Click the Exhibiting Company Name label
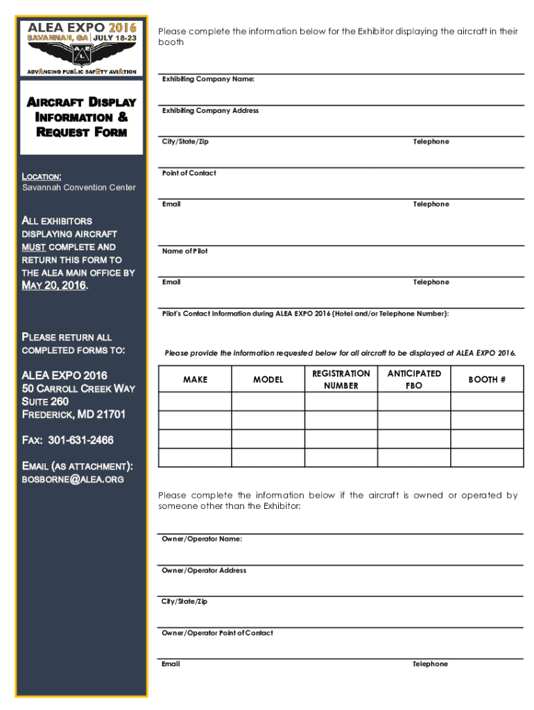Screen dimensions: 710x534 tap(208, 80)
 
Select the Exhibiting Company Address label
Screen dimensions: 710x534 tap(210, 111)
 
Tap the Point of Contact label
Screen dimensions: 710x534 tap(189, 173)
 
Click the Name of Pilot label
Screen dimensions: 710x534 tap(184, 251)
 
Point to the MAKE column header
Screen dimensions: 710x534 tap(195, 380)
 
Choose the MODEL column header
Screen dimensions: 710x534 tap(268, 380)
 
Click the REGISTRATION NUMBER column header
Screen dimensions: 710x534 tap(341, 379)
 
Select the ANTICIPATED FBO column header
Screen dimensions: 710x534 tap(414, 379)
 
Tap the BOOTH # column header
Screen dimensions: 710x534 tap(487, 380)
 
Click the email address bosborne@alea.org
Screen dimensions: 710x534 tap(74, 479)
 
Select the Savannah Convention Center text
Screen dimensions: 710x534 tap(78, 188)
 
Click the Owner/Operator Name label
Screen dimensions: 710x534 tap(202, 539)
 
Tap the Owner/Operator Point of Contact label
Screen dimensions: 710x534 tap(217, 633)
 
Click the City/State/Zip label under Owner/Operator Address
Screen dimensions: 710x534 tap(184, 602)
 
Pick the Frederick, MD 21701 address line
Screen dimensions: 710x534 tap(74, 415)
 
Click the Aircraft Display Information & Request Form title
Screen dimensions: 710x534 tap(82, 117)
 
